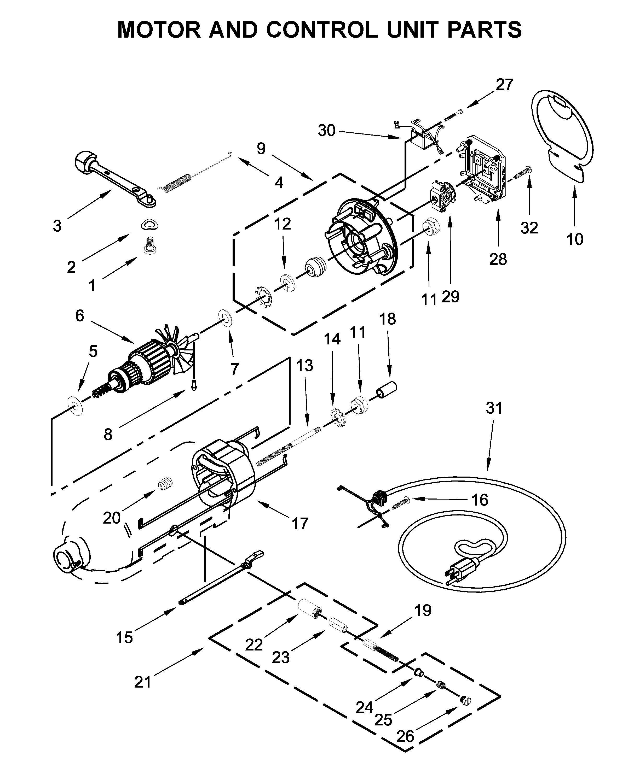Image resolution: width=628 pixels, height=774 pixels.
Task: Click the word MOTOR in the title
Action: point(158,30)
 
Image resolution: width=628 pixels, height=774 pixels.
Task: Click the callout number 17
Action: point(300,524)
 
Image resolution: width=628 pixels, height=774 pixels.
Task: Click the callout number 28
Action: point(498,259)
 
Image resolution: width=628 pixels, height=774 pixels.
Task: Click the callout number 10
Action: point(575,239)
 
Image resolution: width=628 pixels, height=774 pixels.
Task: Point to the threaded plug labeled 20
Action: point(165,484)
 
